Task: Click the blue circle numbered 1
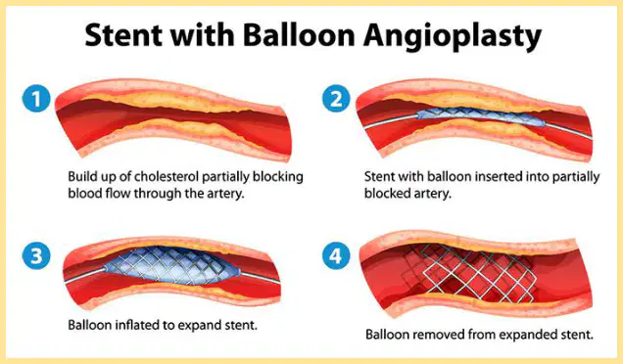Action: [x=36, y=98]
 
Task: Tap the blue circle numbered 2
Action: [x=336, y=98]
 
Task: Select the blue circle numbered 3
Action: [x=36, y=255]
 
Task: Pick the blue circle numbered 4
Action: [x=336, y=255]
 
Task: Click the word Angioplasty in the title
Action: [x=453, y=36]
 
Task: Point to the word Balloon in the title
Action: [x=299, y=34]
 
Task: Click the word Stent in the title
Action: [x=123, y=34]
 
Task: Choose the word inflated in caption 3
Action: [x=137, y=325]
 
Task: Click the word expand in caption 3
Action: [x=198, y=326]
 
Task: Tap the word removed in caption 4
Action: [x=439, y=335]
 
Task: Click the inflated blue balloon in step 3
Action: [x=172, y=265]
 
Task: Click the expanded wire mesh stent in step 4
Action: [x=469, y=272]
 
